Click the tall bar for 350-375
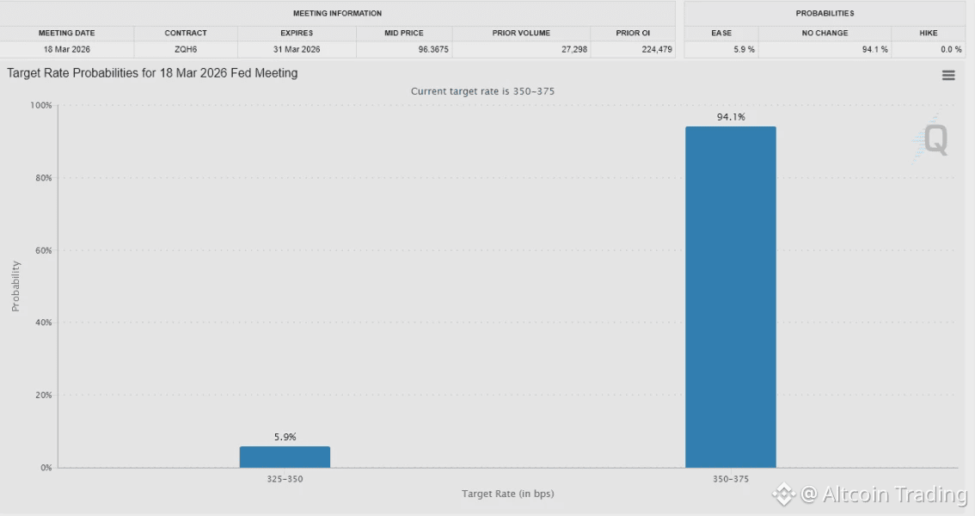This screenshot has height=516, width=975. [730, 297]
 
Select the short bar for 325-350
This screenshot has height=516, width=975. [285, 457]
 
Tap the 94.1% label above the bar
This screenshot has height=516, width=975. [731, 117]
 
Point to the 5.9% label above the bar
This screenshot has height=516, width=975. [285, 437]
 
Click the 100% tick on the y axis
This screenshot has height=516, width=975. [41, 105]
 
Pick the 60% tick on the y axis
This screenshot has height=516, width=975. [43, 250]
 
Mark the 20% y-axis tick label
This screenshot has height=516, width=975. [43, 396]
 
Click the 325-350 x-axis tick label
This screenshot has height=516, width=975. [285, 478]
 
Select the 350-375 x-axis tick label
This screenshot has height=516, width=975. [730, 478]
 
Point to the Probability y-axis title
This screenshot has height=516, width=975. [15, 286]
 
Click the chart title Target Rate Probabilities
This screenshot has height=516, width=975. [152, 73]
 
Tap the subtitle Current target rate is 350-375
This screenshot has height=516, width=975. [487, 91]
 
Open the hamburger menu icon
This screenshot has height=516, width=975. [948, 76]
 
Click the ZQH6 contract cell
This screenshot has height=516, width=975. [186, 49]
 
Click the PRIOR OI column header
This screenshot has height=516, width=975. [633, 33]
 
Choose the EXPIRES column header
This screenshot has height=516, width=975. [297, 33]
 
